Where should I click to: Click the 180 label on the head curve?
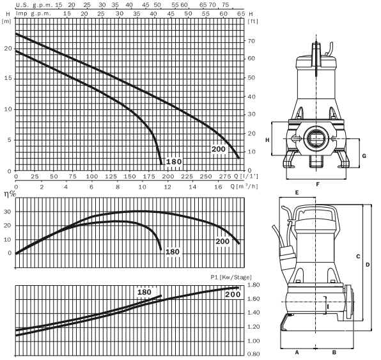174,162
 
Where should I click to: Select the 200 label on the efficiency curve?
222,241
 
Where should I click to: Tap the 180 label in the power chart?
144,292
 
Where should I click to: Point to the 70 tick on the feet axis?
251,41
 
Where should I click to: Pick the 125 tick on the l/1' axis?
111,176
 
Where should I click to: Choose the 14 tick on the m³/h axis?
192,187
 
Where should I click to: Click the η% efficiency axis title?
10,194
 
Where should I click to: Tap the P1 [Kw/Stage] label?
231,277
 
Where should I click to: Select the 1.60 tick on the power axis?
253,299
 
